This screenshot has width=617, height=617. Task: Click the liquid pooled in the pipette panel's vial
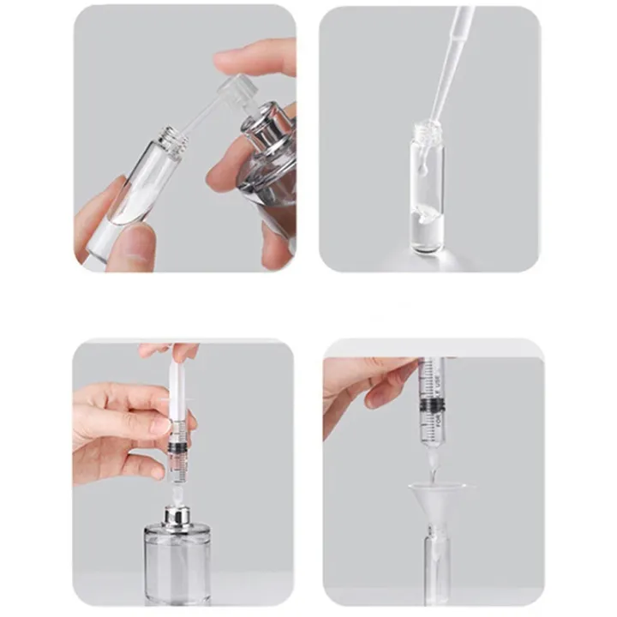click(x=426, y=237)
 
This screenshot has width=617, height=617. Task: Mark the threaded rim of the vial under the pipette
click(x=425, y=134)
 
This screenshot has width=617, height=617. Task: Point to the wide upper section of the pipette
click(x=460, y=34)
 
